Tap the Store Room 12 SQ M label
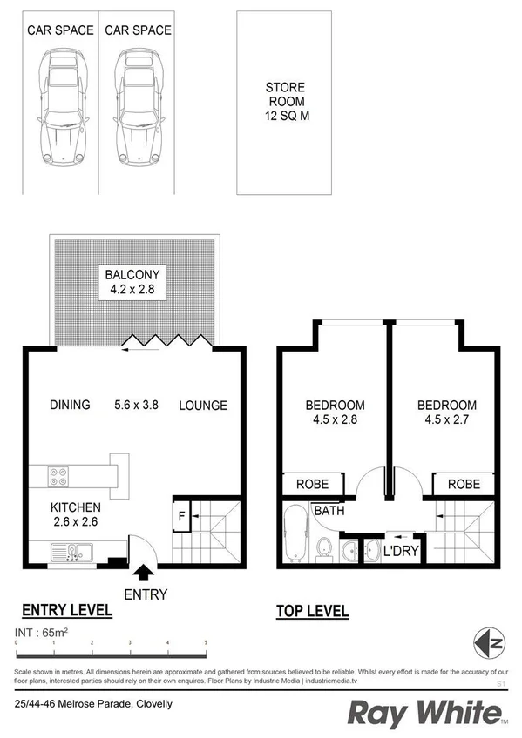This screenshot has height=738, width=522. point(283,102)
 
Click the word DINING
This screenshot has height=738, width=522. point(70,405)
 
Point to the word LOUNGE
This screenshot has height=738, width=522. point(203,405)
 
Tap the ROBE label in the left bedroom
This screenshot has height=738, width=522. point(312,484)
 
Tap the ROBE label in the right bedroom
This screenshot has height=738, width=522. point(463,484)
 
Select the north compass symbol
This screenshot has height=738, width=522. point(490,644)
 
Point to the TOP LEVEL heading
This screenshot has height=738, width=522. point(312,611)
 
